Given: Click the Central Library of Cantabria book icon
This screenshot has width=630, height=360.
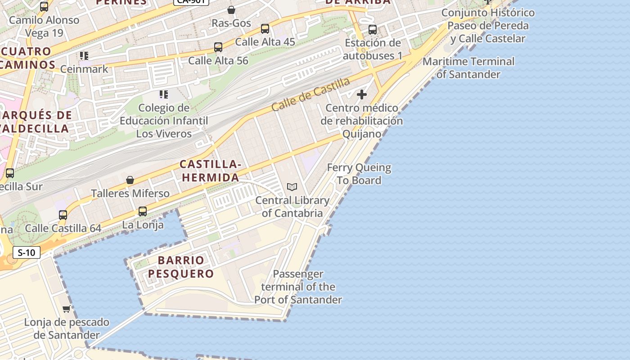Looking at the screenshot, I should [x=292, y=187].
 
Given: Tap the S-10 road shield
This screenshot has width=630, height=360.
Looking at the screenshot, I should [x=27, y=252].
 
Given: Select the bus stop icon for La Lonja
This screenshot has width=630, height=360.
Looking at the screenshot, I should [x=143, y=211].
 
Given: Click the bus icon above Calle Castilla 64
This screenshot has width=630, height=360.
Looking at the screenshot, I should [x=63, y=215].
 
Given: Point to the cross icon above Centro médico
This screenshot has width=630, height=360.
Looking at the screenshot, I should [x=362, y=94].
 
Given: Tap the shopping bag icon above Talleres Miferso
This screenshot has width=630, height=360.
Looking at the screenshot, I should [x=130, y=180].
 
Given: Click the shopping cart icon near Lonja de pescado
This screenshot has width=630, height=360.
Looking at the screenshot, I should [x=67, y=309].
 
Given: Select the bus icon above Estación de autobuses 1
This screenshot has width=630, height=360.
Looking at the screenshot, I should [x=373, y=30].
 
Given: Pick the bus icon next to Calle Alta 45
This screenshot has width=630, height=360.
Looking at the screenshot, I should [x=265, y=29].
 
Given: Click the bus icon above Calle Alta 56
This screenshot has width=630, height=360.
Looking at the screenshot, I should [x=218, y=47].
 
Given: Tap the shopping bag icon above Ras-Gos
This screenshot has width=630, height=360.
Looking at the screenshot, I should [x=231, y=10].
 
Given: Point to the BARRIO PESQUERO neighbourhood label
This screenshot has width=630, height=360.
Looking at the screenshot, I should [x=181, y=267].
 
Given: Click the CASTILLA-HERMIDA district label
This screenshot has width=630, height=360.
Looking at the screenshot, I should [x=211, y=171].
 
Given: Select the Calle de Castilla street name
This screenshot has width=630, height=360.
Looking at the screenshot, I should [x=310, y=94].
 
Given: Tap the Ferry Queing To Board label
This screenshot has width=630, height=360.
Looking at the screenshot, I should [x=359, y=174].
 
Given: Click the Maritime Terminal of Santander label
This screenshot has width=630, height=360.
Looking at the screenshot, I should [x=468, y=67].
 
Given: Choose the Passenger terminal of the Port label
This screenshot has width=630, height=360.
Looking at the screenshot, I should [x=298, y=287].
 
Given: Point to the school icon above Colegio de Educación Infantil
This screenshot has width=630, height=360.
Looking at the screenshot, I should [x=164, y=94].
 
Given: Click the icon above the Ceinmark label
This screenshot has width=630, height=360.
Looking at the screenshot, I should [x=84, y=56].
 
